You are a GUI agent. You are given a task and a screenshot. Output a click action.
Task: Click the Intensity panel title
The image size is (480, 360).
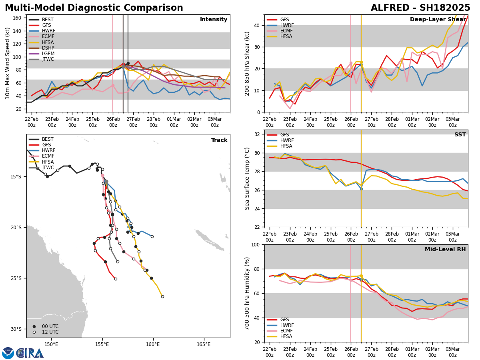214,20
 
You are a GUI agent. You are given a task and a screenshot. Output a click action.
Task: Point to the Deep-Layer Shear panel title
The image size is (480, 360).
438,20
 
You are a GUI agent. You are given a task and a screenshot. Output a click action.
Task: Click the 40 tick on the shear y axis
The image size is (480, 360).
257,25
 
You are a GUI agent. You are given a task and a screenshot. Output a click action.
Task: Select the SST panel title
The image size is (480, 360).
460,135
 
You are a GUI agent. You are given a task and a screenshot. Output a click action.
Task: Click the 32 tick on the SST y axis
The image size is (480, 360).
258,134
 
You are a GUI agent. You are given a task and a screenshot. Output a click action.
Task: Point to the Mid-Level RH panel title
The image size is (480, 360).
445,250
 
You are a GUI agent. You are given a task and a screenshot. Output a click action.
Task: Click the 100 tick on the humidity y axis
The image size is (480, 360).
255,244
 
